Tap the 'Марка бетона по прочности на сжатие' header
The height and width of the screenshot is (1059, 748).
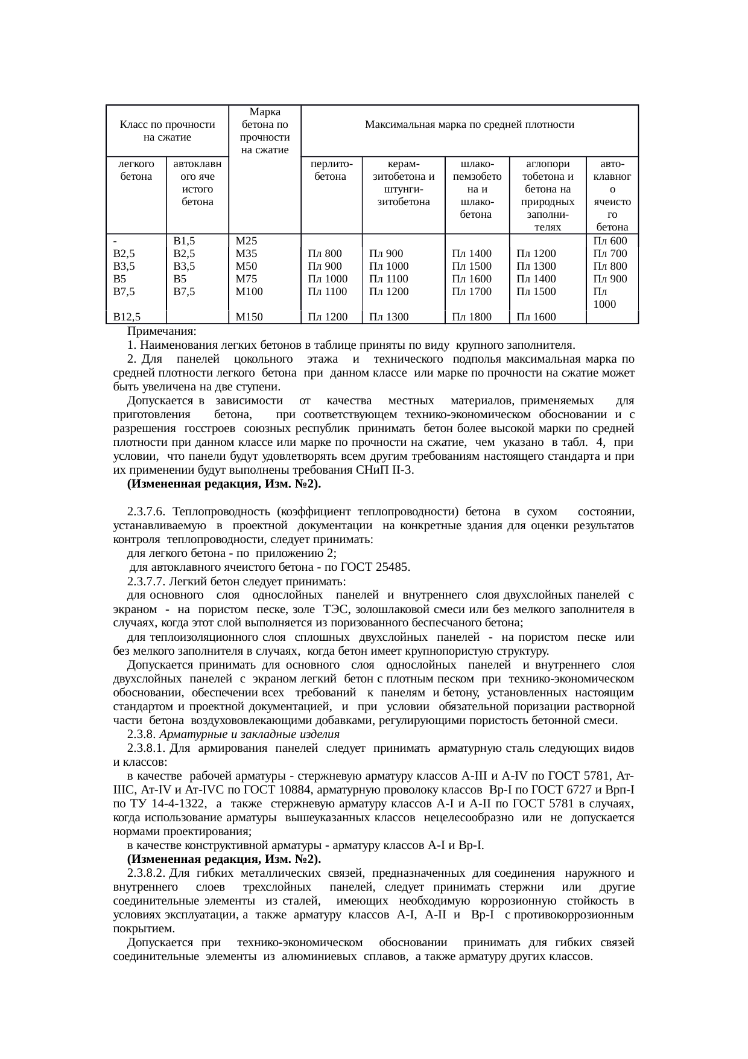click(x=264, y=131)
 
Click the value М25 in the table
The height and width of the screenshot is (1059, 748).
click(x=247, y=241)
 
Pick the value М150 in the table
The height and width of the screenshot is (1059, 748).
click(x=249, y=316)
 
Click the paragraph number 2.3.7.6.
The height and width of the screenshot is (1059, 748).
click(x=146, y=512)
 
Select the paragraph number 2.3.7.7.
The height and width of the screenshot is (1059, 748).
click(x=146, y=582)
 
